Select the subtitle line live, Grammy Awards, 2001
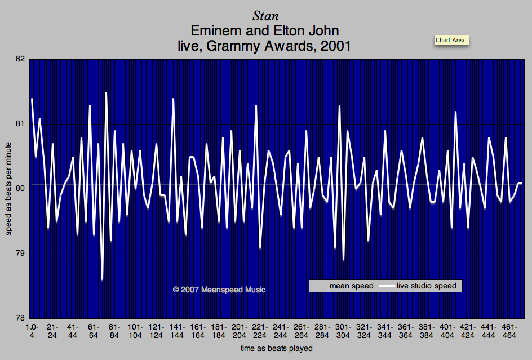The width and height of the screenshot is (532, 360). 264,46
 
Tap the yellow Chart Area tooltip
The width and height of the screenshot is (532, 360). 451,40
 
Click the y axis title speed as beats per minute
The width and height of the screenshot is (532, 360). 9,189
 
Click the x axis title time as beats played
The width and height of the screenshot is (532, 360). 276,349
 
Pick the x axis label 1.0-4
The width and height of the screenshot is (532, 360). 32,331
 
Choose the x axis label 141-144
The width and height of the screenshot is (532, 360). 177,331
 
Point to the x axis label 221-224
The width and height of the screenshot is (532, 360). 260,331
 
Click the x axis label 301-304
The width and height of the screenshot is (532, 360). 343,331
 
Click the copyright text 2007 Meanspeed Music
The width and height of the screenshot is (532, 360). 219,290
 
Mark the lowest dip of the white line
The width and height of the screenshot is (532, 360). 102,280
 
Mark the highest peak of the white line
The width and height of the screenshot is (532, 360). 106,92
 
